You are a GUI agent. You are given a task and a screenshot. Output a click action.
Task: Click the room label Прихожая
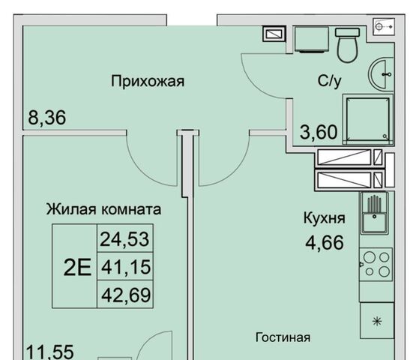pos(148,81)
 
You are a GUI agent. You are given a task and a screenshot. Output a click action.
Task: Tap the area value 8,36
pos(47,118)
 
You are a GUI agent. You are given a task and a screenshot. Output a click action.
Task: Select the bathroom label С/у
pos(330,81)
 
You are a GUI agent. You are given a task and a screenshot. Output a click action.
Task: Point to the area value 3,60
pos(319,132)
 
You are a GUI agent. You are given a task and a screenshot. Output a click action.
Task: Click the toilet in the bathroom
pos(347,45)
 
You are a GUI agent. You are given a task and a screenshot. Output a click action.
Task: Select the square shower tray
pos(368,118)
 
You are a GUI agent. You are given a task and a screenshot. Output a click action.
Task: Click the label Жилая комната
pos(103,209)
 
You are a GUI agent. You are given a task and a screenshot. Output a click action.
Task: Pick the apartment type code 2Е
pos(77,267)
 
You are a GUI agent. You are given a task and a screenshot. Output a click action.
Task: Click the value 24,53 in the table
pos(124,239)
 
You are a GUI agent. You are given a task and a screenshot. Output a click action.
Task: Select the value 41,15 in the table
pos(126,267)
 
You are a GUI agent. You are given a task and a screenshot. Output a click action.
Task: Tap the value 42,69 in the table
pos(126,295)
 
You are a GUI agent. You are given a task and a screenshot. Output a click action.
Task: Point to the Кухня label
pos(324,218)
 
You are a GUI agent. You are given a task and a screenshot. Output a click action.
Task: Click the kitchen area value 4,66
pos(325,243)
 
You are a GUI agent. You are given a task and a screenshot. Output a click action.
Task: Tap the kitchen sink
pos(374,214)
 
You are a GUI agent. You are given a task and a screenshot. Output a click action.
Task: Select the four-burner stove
pos(376,264)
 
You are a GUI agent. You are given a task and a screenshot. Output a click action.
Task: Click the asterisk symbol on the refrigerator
pos(377,321)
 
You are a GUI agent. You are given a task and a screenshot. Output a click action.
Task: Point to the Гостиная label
pos(283,337)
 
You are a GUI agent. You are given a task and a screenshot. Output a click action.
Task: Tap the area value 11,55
pos(50,352)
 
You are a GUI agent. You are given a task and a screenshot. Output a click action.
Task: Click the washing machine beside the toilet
pos(312,39)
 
